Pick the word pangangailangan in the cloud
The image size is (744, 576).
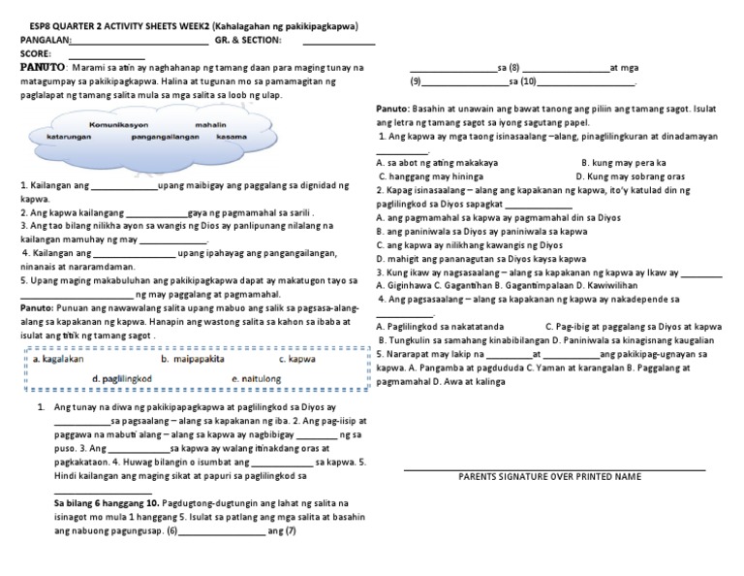coord(165,138)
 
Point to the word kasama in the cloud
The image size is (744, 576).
coord(232,138)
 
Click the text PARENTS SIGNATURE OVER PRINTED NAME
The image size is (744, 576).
coord(549,477)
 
